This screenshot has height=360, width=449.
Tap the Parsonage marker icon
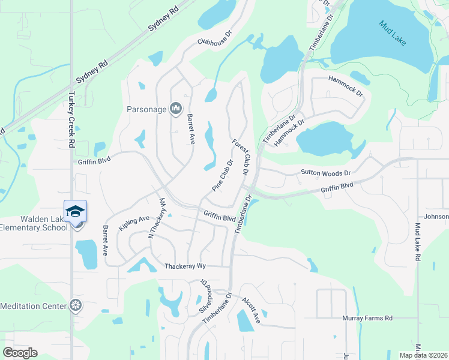coord(176,109)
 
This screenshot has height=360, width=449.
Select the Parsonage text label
coord(146,109)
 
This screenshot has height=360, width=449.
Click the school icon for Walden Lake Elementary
coord(76,211)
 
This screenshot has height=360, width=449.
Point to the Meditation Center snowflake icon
coord(75,306)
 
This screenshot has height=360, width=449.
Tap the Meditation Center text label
coord(33,306)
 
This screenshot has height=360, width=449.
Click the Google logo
coord(20,353)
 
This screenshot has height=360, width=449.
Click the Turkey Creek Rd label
coord(71,120)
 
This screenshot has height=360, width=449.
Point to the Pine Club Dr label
coord(222,175)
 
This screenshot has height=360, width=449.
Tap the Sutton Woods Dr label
coord(325,173)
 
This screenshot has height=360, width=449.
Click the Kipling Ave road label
coord(134,223)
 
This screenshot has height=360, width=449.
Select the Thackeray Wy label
coord(185,265)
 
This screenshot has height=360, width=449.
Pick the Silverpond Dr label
coord(202,295)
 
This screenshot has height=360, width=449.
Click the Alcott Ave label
coord(251,309)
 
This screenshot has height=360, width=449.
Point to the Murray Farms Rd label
coord(367,318)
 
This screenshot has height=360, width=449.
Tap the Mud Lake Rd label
coord(417,241)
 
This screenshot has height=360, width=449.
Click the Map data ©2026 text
coord(423,355)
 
